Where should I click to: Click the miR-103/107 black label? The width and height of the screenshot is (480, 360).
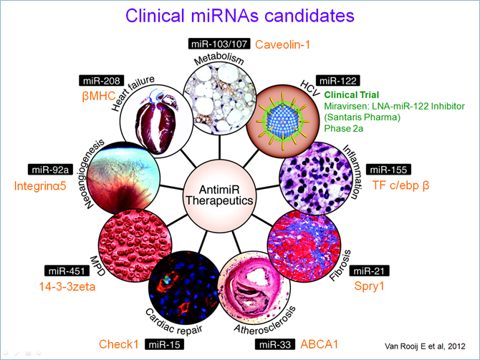[219, 44]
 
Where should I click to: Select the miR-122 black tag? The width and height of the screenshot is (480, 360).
[338, 80]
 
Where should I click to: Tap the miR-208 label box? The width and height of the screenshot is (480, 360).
[102, 80]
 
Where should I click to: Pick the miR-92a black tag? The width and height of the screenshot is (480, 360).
[51, 170]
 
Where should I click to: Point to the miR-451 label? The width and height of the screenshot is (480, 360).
[67, 271]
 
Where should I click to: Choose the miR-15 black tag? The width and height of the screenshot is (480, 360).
[164, 344]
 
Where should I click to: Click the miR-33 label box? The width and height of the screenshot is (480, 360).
[275, 344]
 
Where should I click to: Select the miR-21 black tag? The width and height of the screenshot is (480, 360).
[369, 271]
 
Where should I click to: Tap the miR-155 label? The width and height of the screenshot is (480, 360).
[388, 170]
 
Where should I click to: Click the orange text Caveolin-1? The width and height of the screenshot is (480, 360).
[282, 44]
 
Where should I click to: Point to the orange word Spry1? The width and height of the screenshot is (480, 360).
[369, 286]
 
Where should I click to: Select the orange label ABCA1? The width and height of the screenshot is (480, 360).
[320, 344]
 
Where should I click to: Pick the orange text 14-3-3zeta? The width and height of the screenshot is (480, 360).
[67, 286]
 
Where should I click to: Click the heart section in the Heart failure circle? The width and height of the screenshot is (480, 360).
[155, 122]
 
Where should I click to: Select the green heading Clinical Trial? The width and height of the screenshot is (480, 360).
[352, 94]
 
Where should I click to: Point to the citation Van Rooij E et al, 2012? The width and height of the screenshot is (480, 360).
[425, 346]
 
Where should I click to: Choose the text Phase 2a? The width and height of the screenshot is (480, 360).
[343, 128]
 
